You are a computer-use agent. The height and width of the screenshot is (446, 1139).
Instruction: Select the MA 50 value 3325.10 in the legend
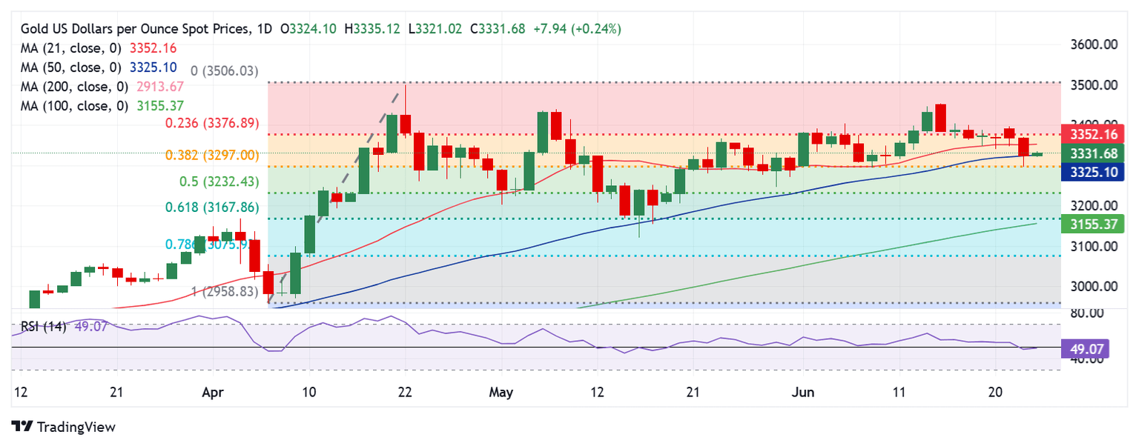(x=154, y=67)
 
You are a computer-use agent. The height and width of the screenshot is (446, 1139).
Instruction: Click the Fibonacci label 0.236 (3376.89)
(x=211, y=124)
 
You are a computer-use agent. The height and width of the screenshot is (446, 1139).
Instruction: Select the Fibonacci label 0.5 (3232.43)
(x=219, y=182)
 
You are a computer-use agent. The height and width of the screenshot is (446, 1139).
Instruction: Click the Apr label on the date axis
(x=213, y=392)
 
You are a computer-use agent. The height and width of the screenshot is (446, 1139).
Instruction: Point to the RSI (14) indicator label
(x=43, y=327)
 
